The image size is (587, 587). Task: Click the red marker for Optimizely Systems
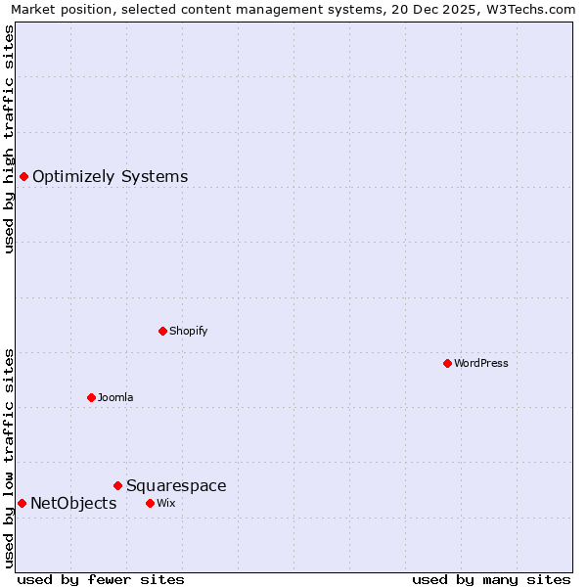23,176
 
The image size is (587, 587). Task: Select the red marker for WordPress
447,363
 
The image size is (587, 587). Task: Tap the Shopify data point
162,331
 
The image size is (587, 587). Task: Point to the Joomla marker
91,397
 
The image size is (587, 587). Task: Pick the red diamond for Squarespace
117,485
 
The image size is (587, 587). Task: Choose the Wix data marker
150,503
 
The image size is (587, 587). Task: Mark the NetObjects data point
22,503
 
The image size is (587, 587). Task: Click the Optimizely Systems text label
110,177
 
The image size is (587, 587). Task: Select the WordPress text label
481,363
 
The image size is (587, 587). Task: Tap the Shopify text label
189,331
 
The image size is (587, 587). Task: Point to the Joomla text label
115,397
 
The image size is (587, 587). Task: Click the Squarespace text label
176,486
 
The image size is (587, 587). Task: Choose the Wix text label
165,503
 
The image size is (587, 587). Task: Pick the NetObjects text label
73,504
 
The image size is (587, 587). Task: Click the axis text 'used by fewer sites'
101,580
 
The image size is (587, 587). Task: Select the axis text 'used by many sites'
491,580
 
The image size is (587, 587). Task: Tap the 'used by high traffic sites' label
10,139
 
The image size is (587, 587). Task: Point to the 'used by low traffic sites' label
10,458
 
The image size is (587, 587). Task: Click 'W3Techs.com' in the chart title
532,10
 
